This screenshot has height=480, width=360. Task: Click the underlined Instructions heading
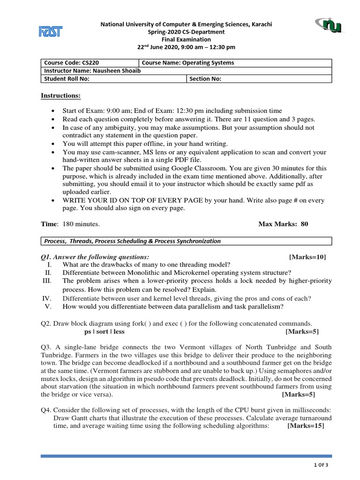point(60,96)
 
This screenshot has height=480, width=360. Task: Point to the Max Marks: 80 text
point(283,224)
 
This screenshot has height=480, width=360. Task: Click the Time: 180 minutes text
point(70,224)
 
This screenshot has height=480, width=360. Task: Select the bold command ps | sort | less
point(104,331)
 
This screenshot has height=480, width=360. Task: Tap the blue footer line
point(186,456)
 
